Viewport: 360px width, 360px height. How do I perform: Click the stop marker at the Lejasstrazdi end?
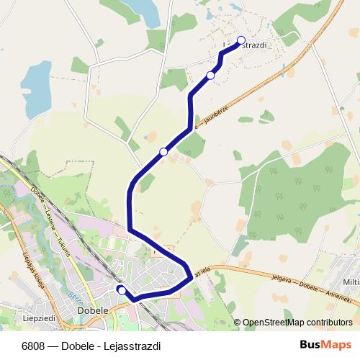[241, 40]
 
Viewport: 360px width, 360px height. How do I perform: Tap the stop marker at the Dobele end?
[122, 289]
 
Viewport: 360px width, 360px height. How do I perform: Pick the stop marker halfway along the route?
[163, 152]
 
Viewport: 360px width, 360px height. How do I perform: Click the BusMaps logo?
[325, 345]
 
